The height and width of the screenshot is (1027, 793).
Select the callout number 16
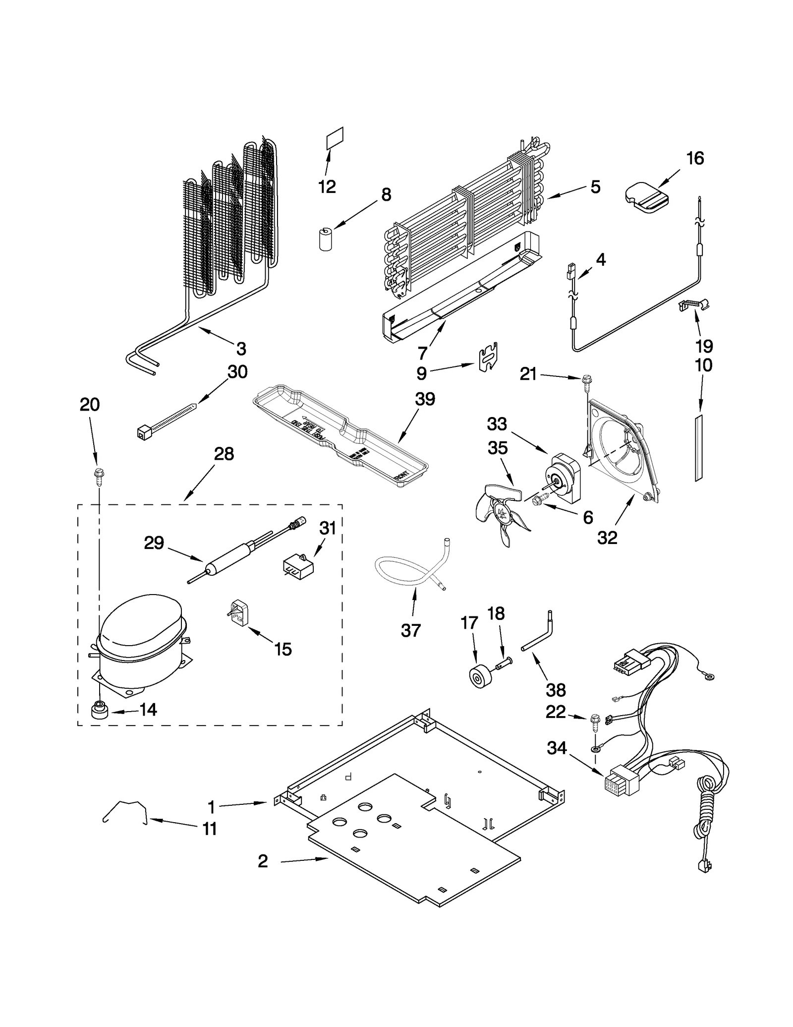pos(695,159)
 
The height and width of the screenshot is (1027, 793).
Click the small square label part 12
pos(335,138)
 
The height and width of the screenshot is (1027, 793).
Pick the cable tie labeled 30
pos(166,421)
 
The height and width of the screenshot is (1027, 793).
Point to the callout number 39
pos(425,399)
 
